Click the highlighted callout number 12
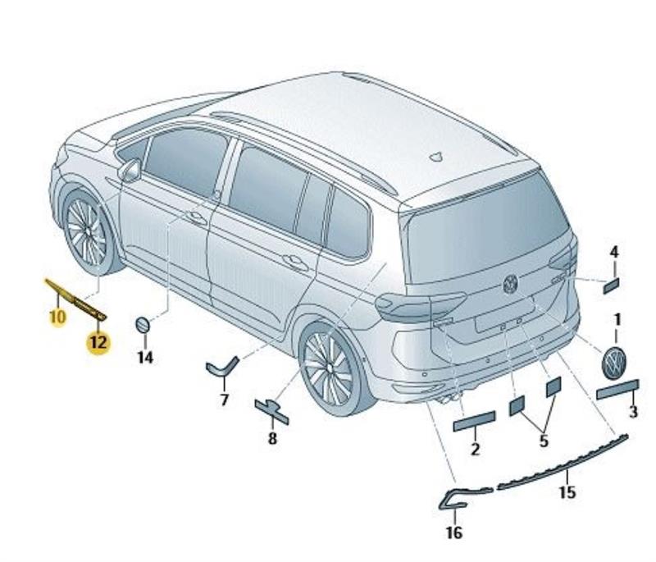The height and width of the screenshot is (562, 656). pyautogui.click(x=98, y=343)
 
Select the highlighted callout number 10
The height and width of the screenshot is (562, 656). pyautogui.click(x=57, y=317)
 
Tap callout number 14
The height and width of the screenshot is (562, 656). pyautogui.click(x=145, y=358)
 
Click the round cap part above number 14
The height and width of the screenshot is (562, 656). pyautogui.click(x=142, y=325)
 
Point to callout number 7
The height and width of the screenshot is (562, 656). pyautogui.click(x=224, y=400)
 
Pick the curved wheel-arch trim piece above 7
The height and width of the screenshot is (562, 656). pyautogui.click(x=222, y=366)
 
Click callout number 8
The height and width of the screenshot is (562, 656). pyautogui.click(x=272, y=439)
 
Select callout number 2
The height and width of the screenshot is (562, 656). pyautogui.click(x=476, y=449)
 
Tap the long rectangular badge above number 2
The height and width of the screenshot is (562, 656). pyautogui.click(x=475, y=422)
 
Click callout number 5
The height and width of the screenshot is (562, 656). pyautogui.click(x=543, y=441)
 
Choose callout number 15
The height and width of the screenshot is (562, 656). pyautogui.click(x=567, y=492)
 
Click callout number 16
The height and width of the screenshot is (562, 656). pyautogui.click(x=454, y=532)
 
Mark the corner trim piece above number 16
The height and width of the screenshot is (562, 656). pyautogui.click(x=465, y=497)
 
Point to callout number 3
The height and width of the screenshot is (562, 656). pyautogui.click(x=633, y=411)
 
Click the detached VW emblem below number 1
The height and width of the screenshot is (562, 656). pyautogui.click(x=614, y=363)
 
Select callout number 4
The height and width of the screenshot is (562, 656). pyautogui.click(x=613, y=253)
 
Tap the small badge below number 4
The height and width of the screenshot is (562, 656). pyautogui.click(x=611, y=286)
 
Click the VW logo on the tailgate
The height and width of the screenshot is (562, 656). pyautogui.click(x=510, y=284)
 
